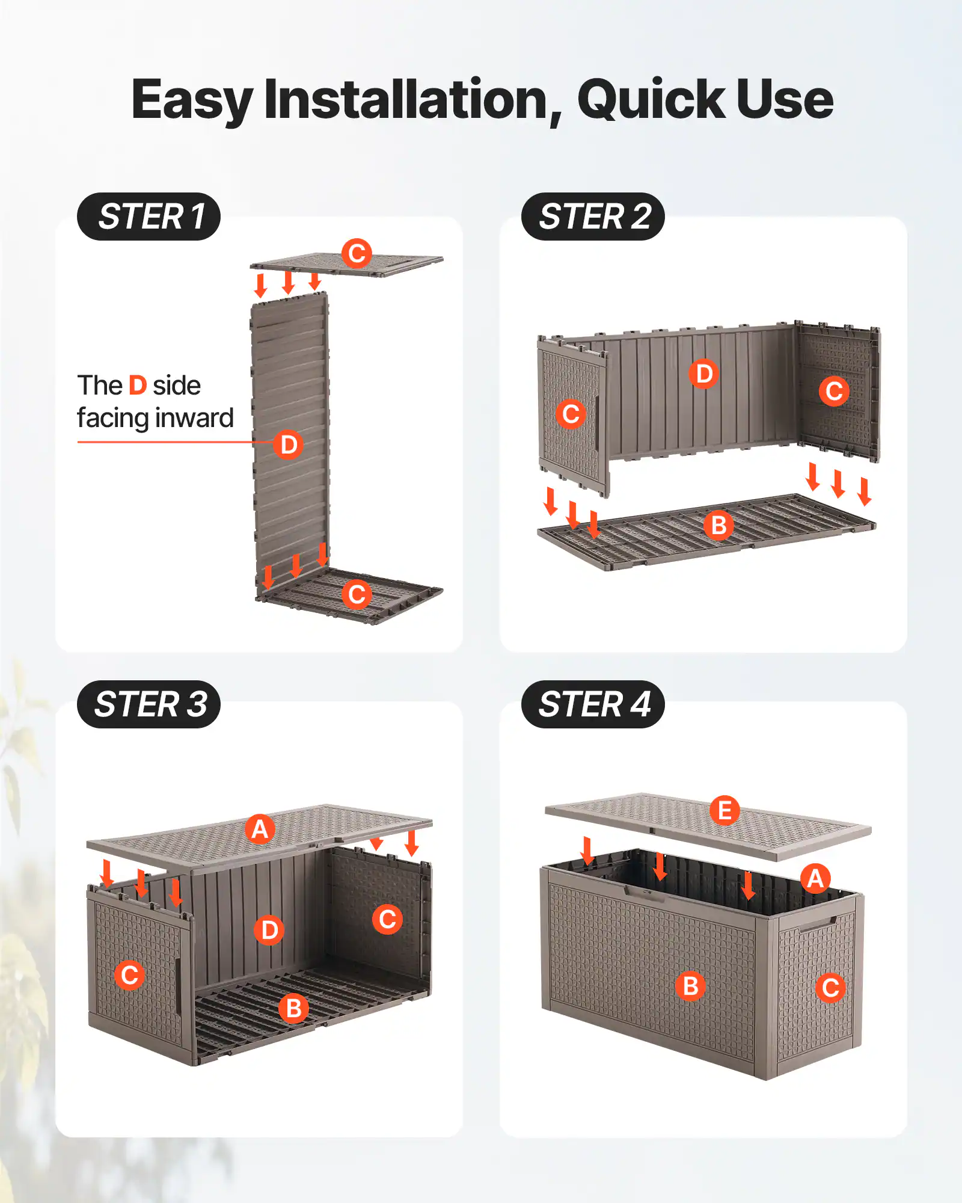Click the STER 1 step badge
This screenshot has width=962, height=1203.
[x=149, y=217]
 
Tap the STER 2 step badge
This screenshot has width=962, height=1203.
[x=593, y=217]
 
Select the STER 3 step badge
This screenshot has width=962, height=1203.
[x=149, y=704]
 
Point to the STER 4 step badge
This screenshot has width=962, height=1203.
[x=593, y=704]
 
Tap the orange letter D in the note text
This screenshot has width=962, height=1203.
[x=138, y=386]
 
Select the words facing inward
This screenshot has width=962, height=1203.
[x=155, y=418]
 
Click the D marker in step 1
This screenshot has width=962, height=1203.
[x=288, y=445]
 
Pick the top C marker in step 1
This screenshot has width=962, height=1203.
[x=357, y=253]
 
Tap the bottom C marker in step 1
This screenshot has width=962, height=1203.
[x=357, y=594]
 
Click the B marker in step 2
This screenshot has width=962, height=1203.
[x=718, y=525]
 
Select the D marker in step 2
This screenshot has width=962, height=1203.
[x=703, y=374]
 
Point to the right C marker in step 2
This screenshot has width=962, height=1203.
[x=834, y=391]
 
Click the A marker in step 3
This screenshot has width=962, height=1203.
[x=260, y=829]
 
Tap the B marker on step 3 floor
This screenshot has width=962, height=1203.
[x=293, y=1008]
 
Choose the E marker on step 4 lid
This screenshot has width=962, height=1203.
[x=725, y=810]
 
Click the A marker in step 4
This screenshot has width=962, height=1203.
[x=815, y=879]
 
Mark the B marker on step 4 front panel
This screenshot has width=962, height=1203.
[x=690, y=986]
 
